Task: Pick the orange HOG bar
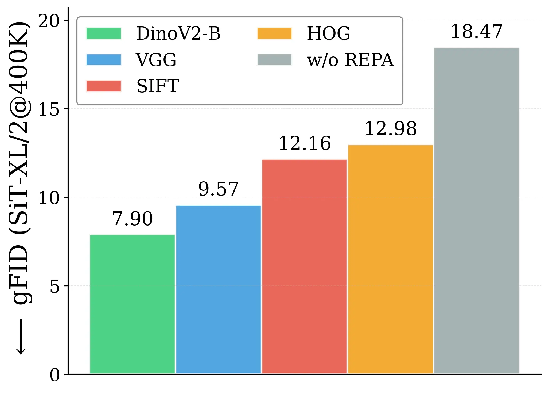pyautogui.click(x=391, y=259)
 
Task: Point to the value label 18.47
pyautogui.click(x=476, y=32)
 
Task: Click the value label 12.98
pyautogui.click(x=390, y=129)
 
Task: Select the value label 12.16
pyautogui.click(x=305, y=143)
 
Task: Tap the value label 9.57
pyautogui.click(x=218, y=189)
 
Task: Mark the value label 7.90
pyautogui.click(x=133, y=219)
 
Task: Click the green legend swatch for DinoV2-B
pyautogui.click(x=104, y=33)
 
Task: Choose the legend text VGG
pyautogui.click(x=156, y=60)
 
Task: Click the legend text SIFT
pyautogui.click(x=158, y=86)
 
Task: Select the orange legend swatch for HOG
pyautogui.click(x=274, y=33)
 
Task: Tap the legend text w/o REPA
pyautogui.click(x=350, y=60)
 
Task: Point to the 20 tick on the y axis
pyautogui.click(x=49, y=21)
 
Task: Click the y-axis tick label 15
pyautogui.click(x=49, y=109)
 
